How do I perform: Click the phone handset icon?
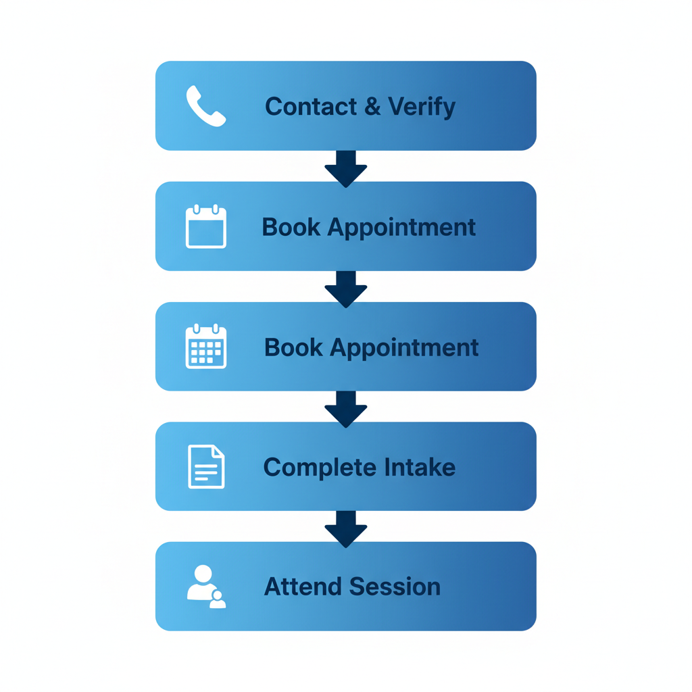(205, 106)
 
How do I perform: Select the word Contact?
(311, 107)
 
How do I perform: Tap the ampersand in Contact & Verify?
(372, 107)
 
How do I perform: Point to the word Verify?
(422, 107)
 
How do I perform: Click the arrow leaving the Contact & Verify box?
(346, 167)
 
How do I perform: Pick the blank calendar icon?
(205, 226)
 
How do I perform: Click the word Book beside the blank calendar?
(291, 227)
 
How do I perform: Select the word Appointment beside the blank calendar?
(401, 228)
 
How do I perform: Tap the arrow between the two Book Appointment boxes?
(346, 287)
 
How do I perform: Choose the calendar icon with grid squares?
(205, 347)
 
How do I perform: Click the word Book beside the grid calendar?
(294, 347)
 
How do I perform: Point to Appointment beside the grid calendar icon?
(404, 348)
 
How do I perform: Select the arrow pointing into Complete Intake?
(346, 407)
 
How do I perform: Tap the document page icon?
(205, 466)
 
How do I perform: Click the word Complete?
(320, 468)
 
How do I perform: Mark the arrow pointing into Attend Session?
(346, 527)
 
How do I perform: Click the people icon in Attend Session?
(205, 587)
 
